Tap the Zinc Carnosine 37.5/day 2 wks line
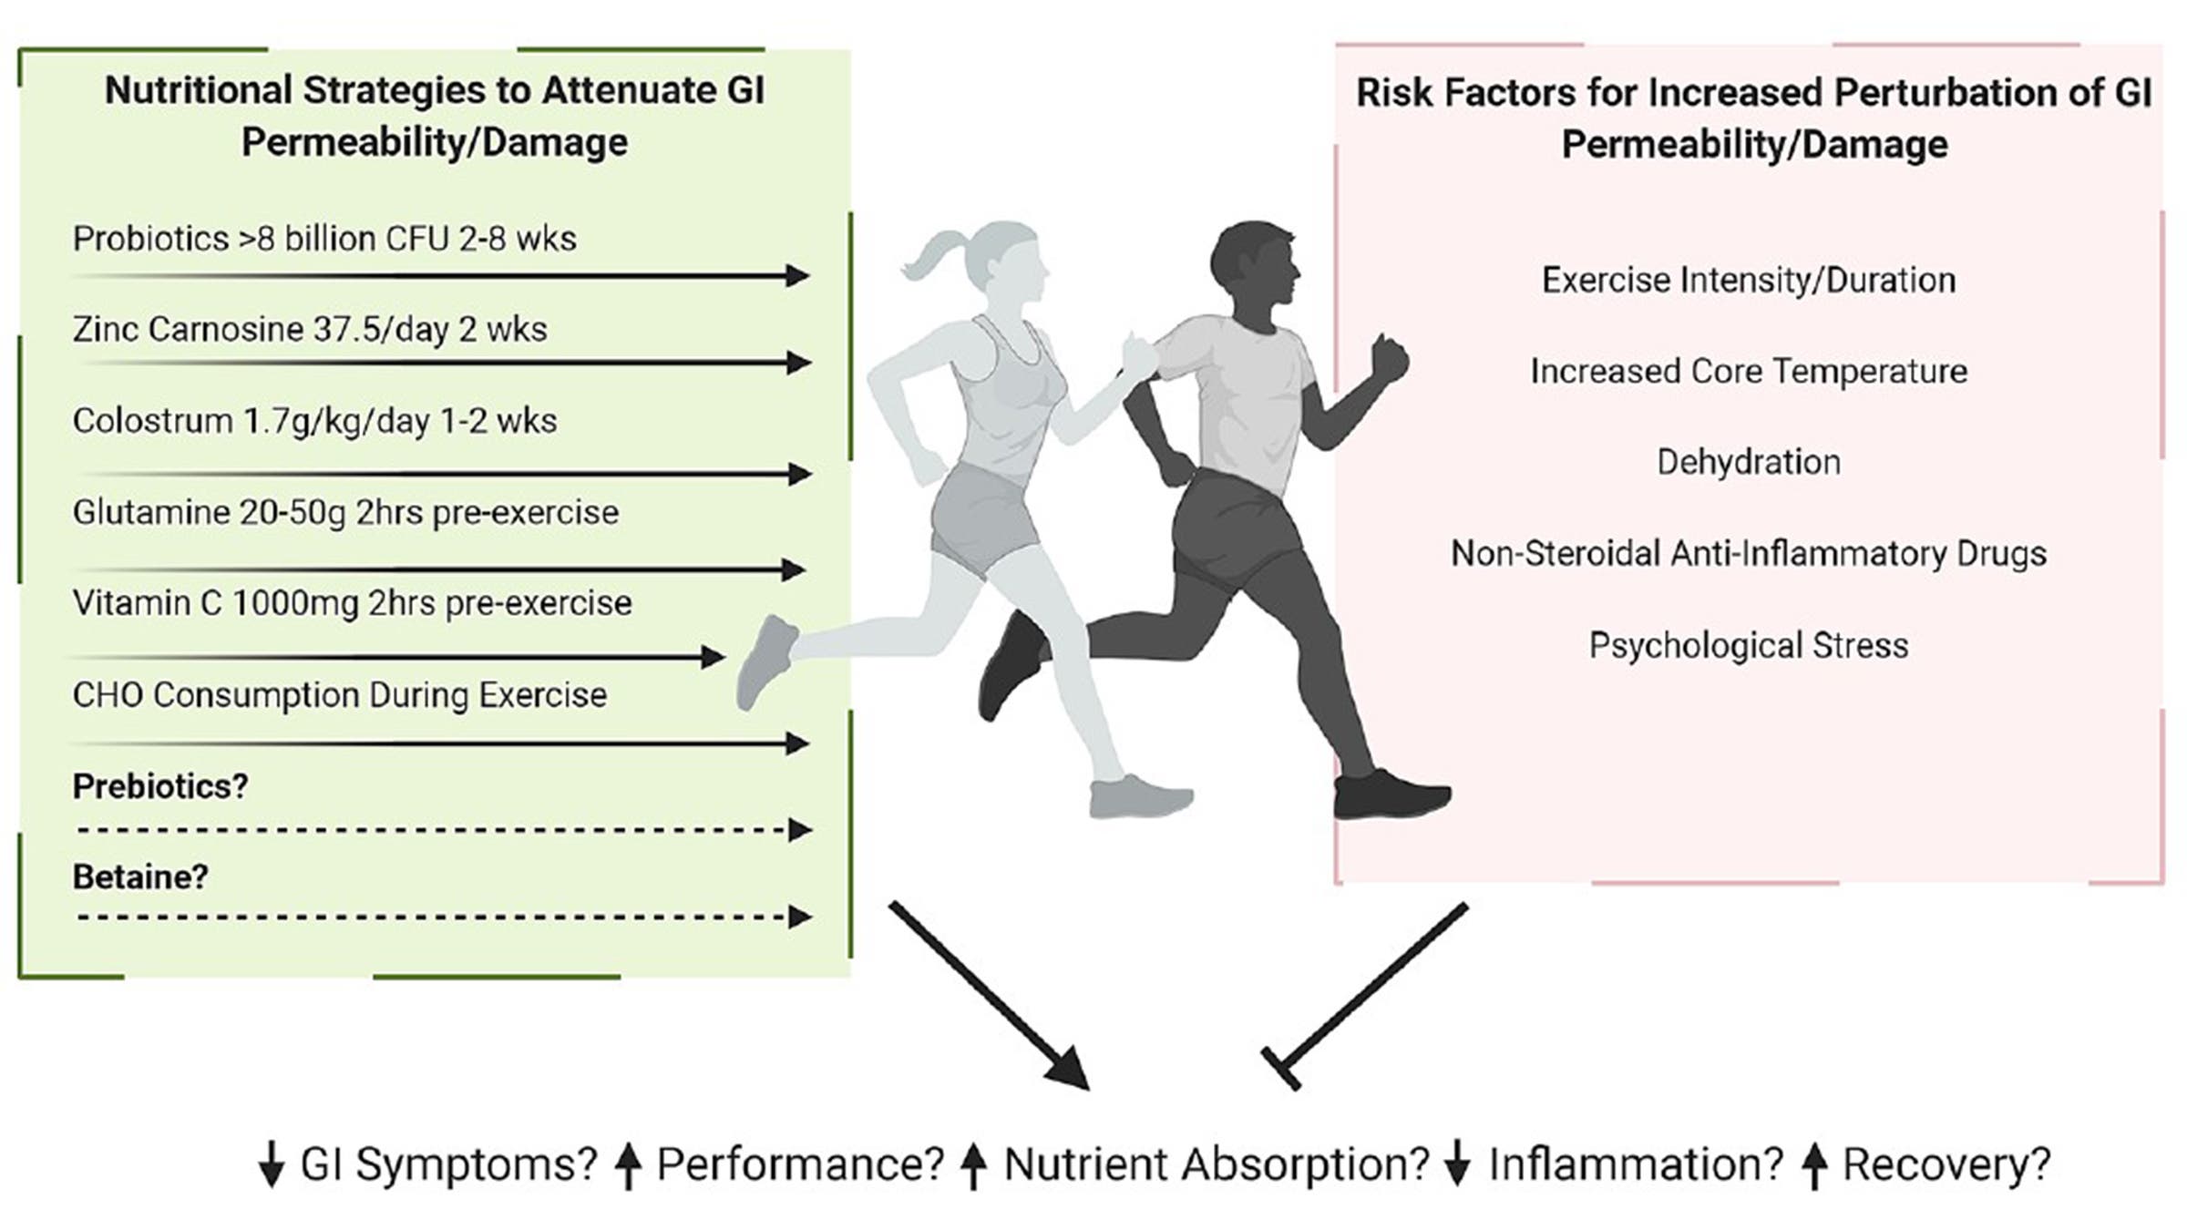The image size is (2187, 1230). tap(310, 329)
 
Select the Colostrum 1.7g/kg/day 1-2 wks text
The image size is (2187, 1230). tap(314, 421)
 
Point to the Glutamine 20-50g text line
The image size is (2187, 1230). tap(345, 512)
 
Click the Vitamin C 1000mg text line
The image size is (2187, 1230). tap(352, 603)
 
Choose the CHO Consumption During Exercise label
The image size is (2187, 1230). tap(339, 695)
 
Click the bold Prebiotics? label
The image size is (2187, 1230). tap(160, 786)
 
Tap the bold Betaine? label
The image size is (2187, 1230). tap(140, 876)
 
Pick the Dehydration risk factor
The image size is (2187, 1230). tap(1748, 462)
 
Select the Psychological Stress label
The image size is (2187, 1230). tap(1748, 645)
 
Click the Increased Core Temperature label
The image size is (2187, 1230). tap(1748, 371)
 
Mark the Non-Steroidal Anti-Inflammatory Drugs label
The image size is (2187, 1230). tap(1748, 553)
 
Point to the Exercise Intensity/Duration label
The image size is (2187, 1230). tap(1748, 280)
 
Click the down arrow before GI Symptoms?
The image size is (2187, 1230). tap(271, 1165)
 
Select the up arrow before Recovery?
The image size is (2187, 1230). tap(1814, 1165)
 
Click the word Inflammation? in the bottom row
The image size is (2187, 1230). tap(1635, 1164)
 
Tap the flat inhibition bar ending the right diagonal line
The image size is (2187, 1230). tap(1280, 1068)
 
